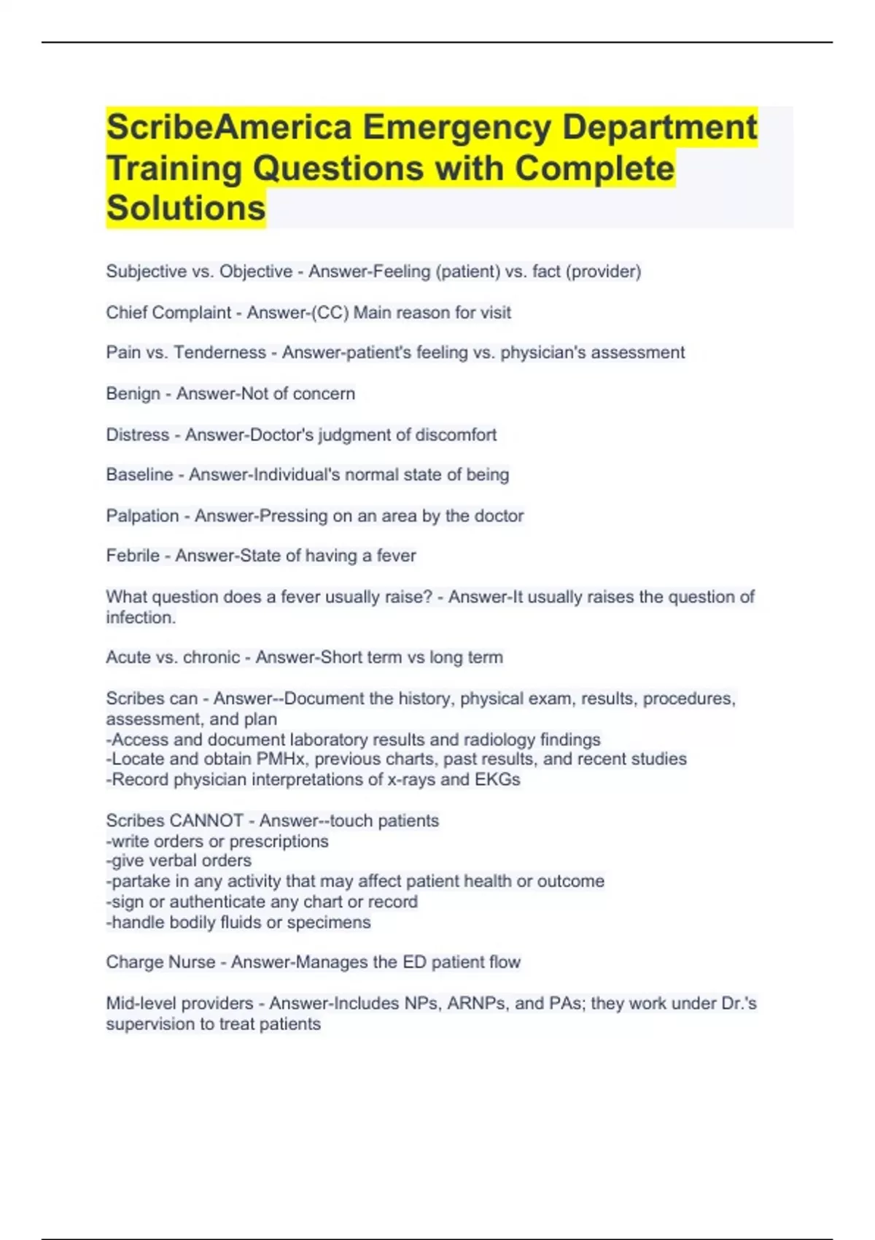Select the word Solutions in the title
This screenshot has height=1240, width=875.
186,209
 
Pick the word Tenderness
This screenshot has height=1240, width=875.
219,352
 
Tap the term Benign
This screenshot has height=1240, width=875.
133,394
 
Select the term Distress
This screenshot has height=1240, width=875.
138,435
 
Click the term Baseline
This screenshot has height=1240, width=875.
140,475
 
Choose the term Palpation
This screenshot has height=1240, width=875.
142,516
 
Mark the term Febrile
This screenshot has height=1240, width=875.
133,556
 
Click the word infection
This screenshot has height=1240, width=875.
140,618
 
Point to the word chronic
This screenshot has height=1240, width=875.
211,657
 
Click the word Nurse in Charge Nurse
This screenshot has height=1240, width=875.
192,962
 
